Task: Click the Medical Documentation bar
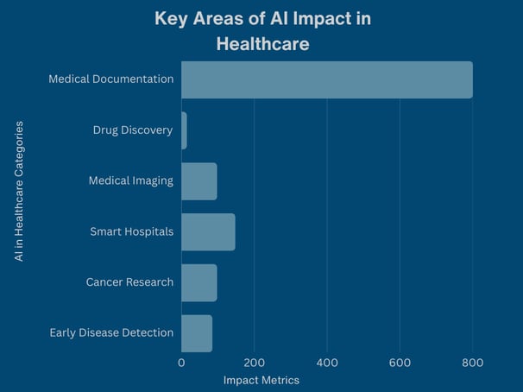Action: [326, 79]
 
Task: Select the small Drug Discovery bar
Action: [184, 130]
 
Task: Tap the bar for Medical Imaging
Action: [198, 181]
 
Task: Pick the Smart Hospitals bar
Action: [208, 231]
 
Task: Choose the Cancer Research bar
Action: [198, 282]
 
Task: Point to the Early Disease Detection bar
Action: [196, 332]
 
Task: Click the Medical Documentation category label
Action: [110, 79]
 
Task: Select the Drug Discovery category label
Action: [133, 130]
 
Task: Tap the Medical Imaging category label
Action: [130, 181]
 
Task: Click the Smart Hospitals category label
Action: [131, 231]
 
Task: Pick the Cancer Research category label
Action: [129, 282]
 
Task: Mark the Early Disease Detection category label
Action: [111, 332]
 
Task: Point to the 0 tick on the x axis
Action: [181, 364]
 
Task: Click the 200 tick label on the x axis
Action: [254, 364]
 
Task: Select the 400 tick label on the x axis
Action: [326, 364]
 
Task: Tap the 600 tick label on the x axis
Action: [400, 364]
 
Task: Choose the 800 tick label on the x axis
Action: [472, 364]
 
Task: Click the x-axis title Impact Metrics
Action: [261, 381]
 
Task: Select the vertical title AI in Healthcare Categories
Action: [19, 203]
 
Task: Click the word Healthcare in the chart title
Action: [262, 42]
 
